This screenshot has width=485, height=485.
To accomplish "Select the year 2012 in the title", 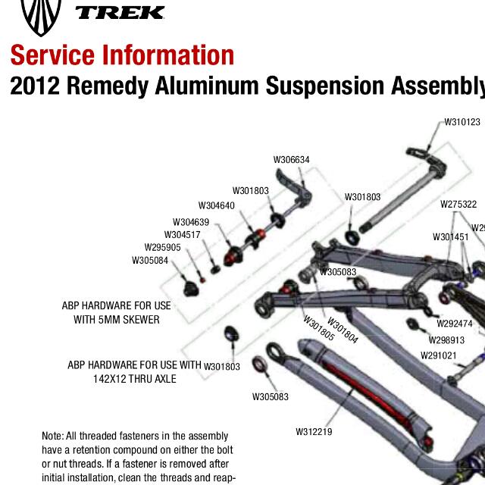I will (35, 86).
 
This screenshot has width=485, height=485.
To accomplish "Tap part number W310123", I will (462, 122).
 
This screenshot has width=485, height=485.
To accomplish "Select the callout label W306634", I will (291, 160).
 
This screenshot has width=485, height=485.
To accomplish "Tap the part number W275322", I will (458, 205).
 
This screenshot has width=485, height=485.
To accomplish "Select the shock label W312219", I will (314, 432).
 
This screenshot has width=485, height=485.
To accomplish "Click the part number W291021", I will (439, 355).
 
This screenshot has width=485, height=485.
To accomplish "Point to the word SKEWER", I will (138, 320).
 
